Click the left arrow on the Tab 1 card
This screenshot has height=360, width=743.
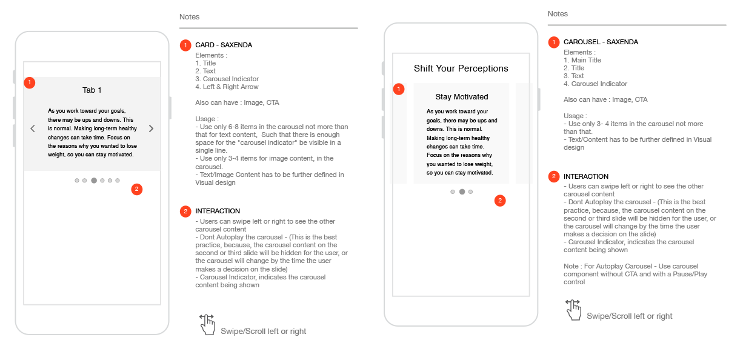tap(33, 128)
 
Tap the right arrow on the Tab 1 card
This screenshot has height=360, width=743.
tap(152, 128)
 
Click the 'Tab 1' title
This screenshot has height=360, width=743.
tap(92, 90)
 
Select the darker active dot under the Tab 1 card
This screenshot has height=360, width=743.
tap(94, 181)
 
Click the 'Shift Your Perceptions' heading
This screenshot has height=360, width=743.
tap(461, 68)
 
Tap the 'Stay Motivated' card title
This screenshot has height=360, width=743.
tap(461, 97)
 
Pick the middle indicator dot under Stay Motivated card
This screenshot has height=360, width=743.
tap(462, 192)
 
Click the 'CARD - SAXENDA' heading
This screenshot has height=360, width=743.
tap(224, 45)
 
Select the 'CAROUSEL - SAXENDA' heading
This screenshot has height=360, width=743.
tap(601, 42)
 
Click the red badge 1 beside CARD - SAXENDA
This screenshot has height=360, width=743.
tap(185, 45)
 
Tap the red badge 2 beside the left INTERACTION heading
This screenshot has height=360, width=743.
tap(185, 211)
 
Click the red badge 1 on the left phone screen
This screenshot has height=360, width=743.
tap(30, 82)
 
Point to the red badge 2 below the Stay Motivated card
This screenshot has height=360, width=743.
tap(500, 201)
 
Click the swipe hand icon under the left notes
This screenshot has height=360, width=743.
tap(207, 324)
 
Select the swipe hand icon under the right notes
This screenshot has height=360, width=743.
tap(573, 309)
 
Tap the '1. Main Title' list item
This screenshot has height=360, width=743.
tap(582, 60)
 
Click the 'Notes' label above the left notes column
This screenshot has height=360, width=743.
tap(189, 17)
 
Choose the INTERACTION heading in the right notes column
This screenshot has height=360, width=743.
tap(585, 176)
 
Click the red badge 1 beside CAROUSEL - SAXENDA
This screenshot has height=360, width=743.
tap(554, 42)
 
